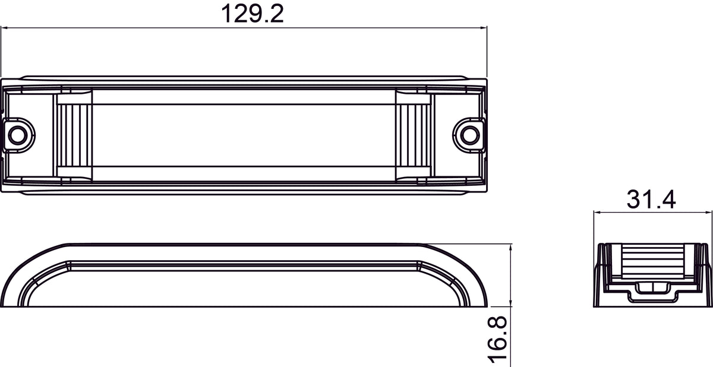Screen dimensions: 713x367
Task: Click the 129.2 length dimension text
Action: [252, 14]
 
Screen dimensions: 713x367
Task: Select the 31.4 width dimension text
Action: [651, 200]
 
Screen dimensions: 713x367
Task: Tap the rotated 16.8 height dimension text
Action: [497, 339]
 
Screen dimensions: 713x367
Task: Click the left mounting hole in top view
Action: [17, 135]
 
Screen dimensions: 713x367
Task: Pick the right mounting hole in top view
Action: [470, 135]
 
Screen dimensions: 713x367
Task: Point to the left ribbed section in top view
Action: [74, 135]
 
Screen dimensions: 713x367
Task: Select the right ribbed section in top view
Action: [413, 135]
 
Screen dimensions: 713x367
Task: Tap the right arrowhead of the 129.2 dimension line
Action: [483, 28]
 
